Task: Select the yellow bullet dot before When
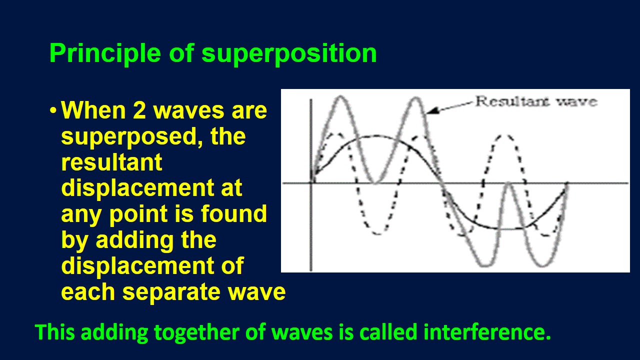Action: click(53, 110)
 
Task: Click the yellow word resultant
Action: click(111, 162)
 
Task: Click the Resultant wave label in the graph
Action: click(535, 101)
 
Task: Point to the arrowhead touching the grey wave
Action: click(431, 110)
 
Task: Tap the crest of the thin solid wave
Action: click(372, 136)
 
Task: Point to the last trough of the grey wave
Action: click(540, 265)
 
